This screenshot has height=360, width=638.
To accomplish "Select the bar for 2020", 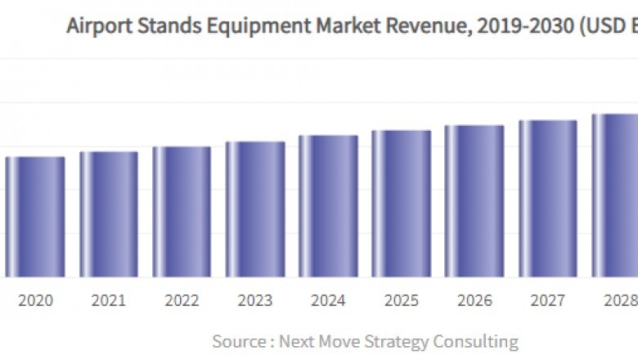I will pos(35,217).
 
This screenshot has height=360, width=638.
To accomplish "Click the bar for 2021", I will pos(109,214).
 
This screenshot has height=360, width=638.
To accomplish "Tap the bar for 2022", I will pos(182,212).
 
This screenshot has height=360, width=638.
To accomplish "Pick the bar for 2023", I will pos(255,209).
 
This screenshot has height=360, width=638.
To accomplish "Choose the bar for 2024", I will pos(328,206).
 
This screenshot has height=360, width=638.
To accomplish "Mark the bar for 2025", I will pos(401,204).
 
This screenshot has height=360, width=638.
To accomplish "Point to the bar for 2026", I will pos(474,201).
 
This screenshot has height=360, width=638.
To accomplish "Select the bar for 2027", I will pos(547,199).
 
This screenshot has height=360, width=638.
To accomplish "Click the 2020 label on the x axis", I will pos(35,301).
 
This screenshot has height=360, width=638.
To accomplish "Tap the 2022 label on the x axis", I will pos(182,301).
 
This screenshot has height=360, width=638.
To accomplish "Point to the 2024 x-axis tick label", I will pos(328,301).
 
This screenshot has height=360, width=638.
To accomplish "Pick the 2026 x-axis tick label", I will pos(474,301).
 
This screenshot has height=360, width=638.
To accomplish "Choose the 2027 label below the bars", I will pos(547,301).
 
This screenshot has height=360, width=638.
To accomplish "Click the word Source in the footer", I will pos(238,340).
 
